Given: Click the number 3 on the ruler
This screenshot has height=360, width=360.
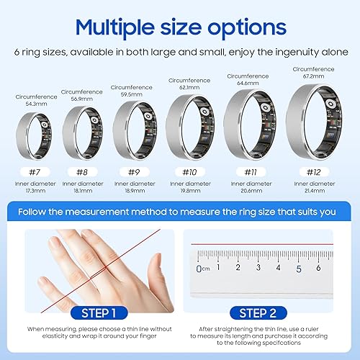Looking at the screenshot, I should pos(258,267).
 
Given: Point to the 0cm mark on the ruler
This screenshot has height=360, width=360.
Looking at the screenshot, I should pos(200,269).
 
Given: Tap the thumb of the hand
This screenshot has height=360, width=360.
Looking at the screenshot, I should pos(57,278).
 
